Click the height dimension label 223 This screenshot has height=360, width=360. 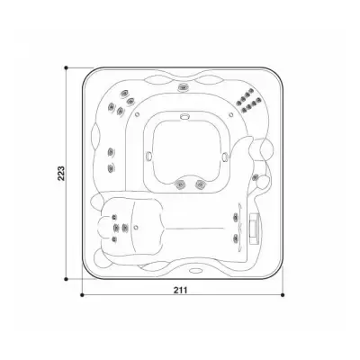tap(61, 173)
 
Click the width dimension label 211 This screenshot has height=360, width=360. tap(180, 290)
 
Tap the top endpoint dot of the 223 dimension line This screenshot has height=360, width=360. tap(66, 68)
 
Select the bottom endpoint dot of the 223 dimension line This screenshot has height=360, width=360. tap(66, 279)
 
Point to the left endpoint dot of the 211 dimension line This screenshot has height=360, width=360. tap(82, 295)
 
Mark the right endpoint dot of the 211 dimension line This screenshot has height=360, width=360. tap(283, 295)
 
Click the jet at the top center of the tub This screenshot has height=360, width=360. tap(183, 87)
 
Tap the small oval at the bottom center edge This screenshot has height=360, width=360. tap(195, 270)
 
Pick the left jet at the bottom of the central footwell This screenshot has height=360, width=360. tap(180, 184)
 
